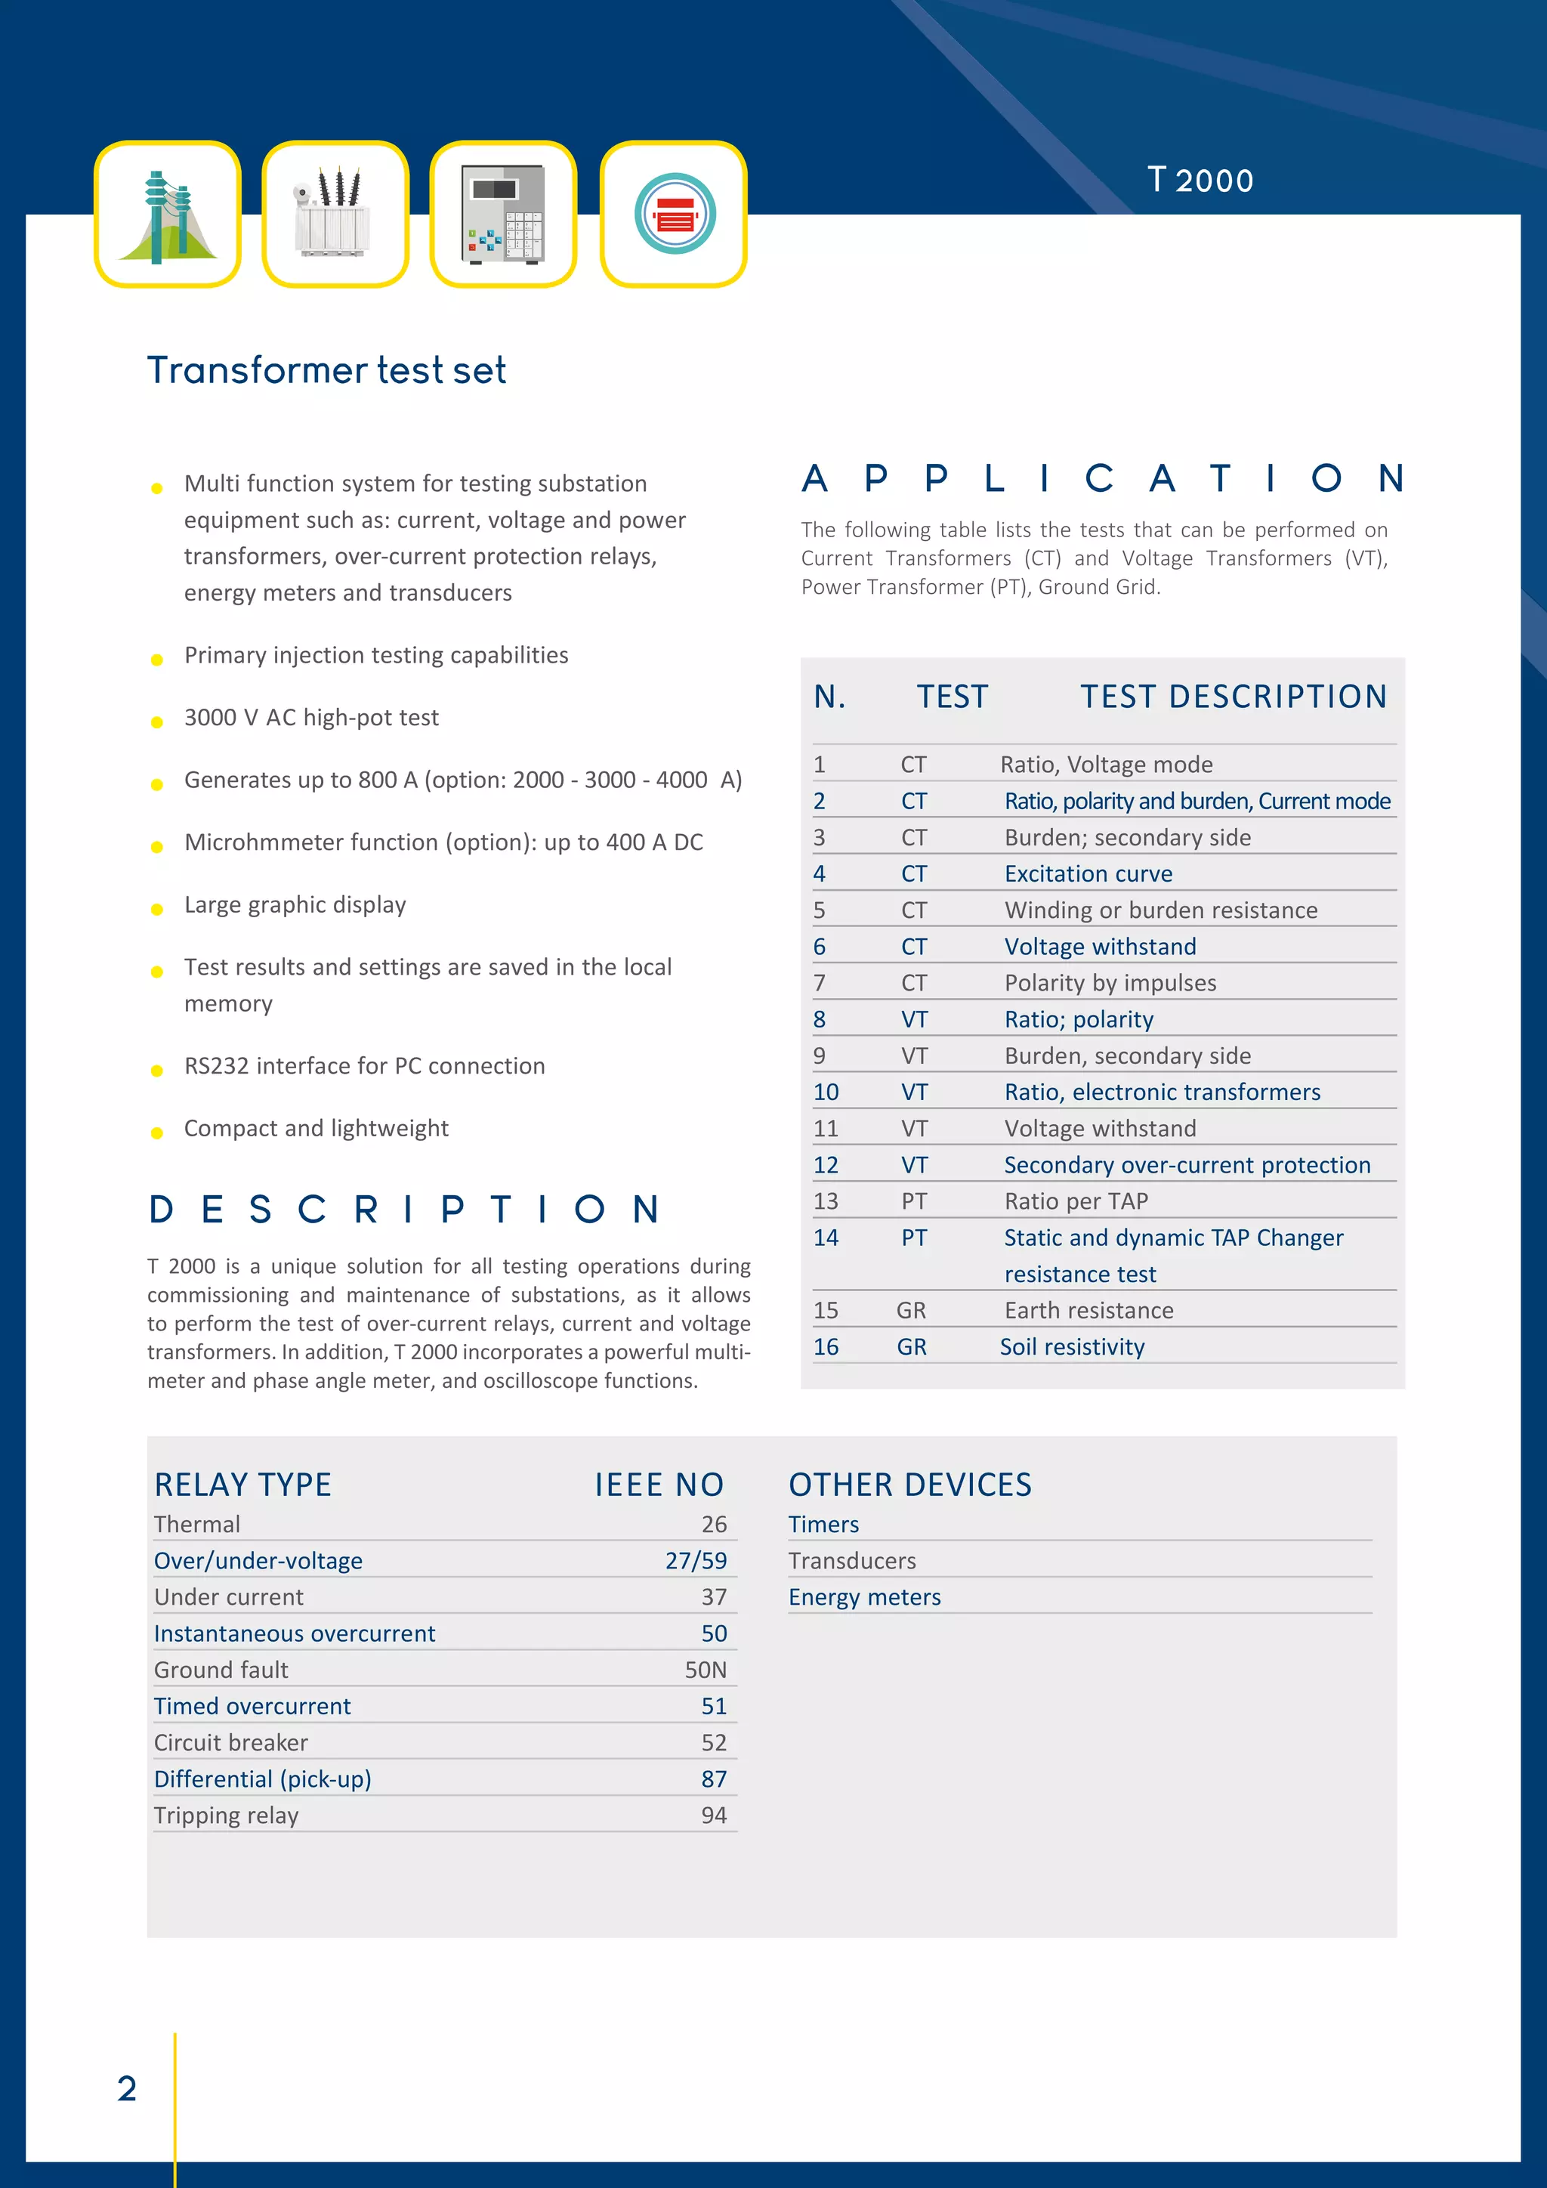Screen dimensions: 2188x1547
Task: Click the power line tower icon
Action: [x=168, y=215]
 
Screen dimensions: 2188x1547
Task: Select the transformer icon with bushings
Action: [x=335, y=215]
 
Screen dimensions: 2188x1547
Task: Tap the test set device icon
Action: [x=503, y=215]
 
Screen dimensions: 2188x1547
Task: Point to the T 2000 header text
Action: [x=1200, y=180]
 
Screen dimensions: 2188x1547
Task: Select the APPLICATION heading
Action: [x=1102, y=478]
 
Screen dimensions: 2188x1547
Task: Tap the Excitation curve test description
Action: [x=1088, y=874]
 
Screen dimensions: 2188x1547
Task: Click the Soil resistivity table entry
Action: [x=1072, y=1346]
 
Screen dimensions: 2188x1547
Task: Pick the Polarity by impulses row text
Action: [x=1110, y=982]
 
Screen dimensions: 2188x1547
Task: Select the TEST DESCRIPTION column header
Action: [x=1233, y=697]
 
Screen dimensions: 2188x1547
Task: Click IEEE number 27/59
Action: [x=696, y=1561]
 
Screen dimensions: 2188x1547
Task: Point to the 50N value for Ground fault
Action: [x=705, y=1670]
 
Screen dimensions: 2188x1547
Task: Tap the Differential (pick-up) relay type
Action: [x=263, y=1779]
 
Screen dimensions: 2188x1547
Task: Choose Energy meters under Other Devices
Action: [x=864, y=1597]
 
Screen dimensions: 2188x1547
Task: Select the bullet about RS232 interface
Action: [x=364, y=1065]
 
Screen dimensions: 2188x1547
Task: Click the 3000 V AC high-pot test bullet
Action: [x=311, y=718]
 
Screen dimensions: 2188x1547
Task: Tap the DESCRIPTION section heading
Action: [x=405, y=1210]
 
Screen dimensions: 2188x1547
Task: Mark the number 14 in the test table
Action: [x=826, y=1238]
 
